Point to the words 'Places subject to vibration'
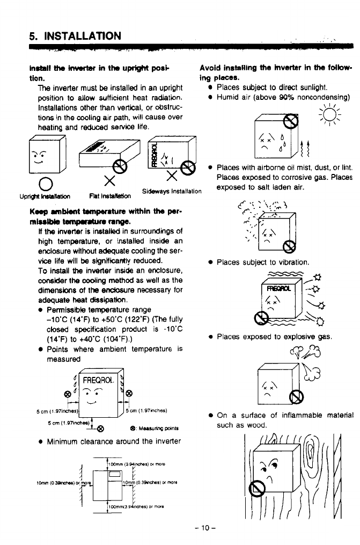(x=263, y=263)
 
